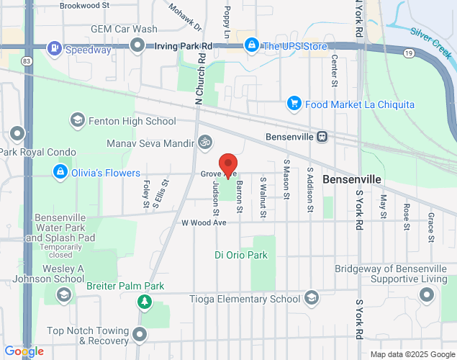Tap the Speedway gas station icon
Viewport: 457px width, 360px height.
coord(55,49)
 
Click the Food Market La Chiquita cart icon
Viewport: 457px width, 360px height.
coord(294,104)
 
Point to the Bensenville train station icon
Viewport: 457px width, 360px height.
coord(323,136)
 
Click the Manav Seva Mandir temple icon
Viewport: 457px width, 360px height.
coord(206,143)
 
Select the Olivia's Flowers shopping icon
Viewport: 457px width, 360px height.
coord(60,173)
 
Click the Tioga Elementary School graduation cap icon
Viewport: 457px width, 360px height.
coord(312,298)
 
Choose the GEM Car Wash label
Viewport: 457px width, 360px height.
coord(124,30)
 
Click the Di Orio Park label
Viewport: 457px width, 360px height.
coord(241,255)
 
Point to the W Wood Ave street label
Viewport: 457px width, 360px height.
coord(204,223)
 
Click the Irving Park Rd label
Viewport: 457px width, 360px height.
coord(184,46)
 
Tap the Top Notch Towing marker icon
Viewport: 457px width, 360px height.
coord(139,335)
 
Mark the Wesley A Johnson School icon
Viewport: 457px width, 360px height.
coord(64,294)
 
